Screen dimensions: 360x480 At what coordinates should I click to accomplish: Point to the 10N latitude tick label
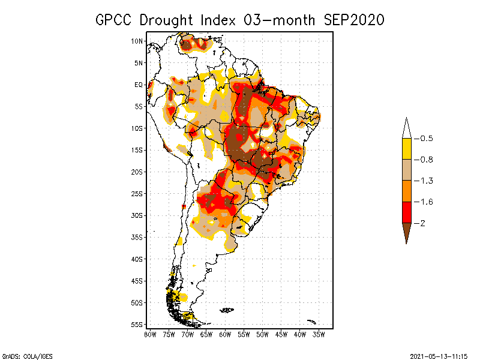(x=137, y=41)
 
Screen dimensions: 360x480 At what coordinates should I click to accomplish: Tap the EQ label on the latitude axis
(x=139, y=85)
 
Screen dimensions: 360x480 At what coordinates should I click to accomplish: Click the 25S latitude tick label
(x=137, y=193)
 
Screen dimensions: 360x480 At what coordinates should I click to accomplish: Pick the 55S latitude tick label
(x=137, y=324)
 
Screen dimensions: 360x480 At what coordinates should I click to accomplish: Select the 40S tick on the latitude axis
(x=137, y=259)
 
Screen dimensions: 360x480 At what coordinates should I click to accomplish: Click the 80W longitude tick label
(x=150, y=334)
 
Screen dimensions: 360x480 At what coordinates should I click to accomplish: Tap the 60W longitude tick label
(x=225, y=334)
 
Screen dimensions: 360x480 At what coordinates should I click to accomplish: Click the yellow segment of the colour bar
(x=406, y=149)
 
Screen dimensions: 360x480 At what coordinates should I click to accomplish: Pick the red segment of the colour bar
(x=406, y=212)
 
